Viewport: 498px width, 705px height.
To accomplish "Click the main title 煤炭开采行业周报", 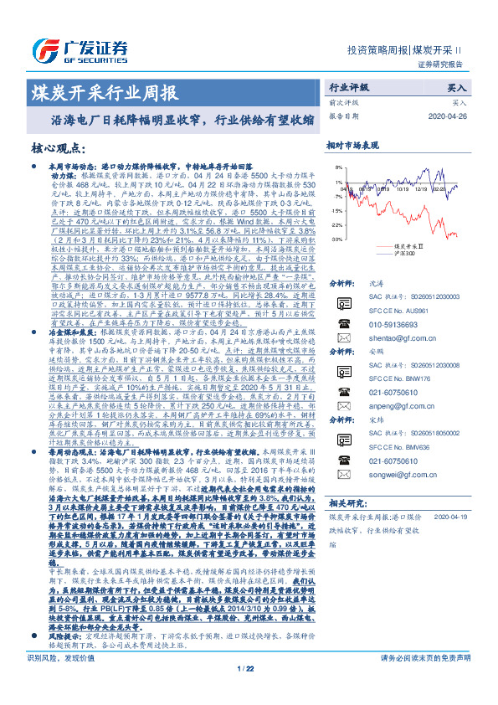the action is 104,91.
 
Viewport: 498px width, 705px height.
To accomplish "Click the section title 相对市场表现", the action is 352,145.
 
